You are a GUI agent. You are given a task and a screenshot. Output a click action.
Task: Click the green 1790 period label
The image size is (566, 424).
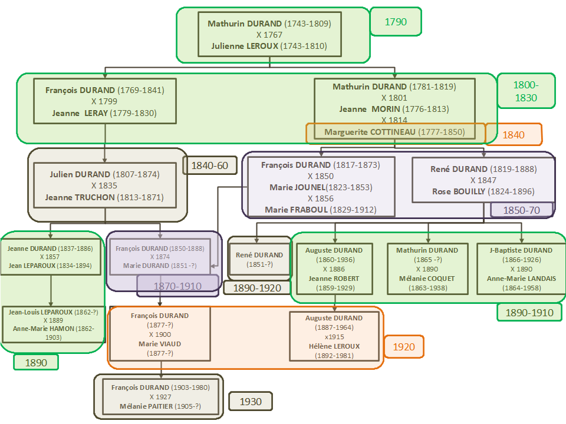[396, 22]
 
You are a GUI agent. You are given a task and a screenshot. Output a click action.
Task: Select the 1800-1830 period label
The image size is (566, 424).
[525, 91]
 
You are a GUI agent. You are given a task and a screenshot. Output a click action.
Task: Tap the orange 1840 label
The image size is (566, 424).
[514, 134]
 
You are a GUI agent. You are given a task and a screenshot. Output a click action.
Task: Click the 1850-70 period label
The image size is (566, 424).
[521, 210]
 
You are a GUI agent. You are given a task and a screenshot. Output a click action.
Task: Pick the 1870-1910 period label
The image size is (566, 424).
[177, 286]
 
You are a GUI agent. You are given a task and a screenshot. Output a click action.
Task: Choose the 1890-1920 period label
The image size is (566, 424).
[256, 288]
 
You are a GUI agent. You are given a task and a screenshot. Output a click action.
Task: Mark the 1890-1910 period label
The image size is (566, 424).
[530, 312]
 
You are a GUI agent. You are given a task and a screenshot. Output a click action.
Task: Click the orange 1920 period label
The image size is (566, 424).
[403, 347]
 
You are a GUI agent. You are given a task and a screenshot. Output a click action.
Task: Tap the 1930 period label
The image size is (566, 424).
[251, 402]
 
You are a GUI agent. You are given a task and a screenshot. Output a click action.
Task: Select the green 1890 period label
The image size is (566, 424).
[36, 362]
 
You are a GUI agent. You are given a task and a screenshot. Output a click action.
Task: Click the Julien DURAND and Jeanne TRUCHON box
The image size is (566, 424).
[104, 185]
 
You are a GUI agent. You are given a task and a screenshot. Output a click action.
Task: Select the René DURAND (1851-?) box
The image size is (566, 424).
[260, 259]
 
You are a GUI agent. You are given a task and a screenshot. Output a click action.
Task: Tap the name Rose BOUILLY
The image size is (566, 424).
[458, 191]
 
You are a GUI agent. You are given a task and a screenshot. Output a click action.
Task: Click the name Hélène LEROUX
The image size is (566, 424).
[334, 346]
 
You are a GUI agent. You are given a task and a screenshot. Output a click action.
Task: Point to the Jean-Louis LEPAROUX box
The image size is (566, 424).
[52, 324]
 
